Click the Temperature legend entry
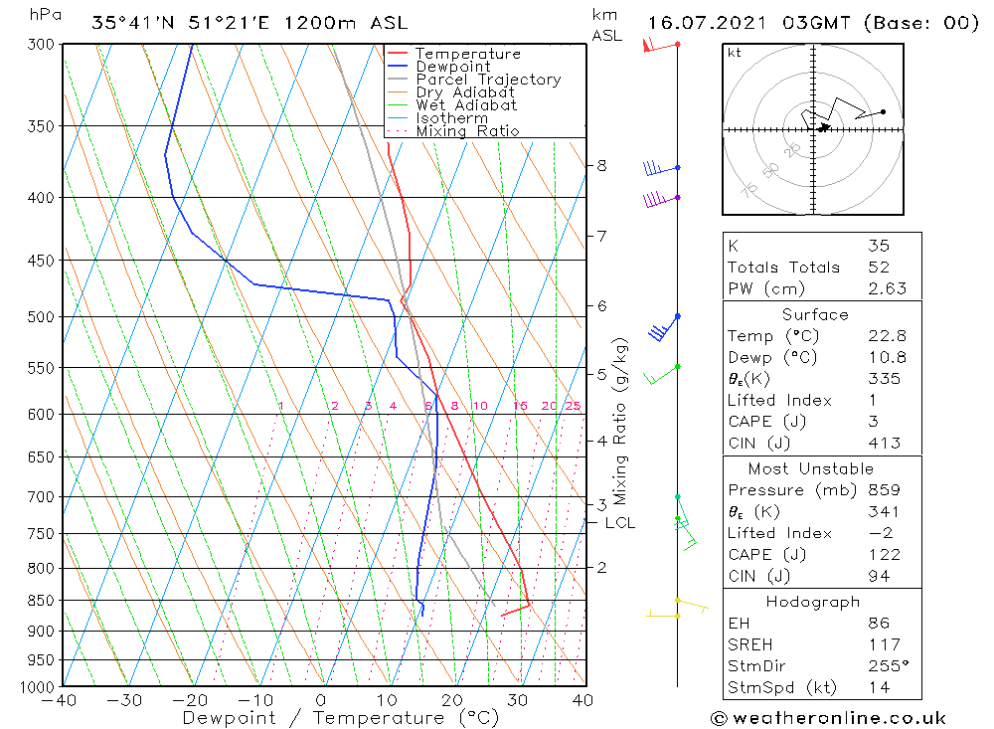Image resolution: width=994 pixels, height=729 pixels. point(467,54)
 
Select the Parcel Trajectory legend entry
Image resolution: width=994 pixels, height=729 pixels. point(487,80)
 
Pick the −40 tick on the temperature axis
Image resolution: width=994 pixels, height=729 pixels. point(61,700)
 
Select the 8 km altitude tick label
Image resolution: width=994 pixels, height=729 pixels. point(601,165)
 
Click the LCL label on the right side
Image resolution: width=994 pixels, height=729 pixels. point(619,522)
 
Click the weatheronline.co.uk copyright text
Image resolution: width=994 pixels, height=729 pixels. point(828,718)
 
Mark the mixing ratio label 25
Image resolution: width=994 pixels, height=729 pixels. point(573,406)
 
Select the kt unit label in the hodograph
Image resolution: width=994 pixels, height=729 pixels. point(734,53)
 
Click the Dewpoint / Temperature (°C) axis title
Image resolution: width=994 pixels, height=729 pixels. point(341,717)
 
